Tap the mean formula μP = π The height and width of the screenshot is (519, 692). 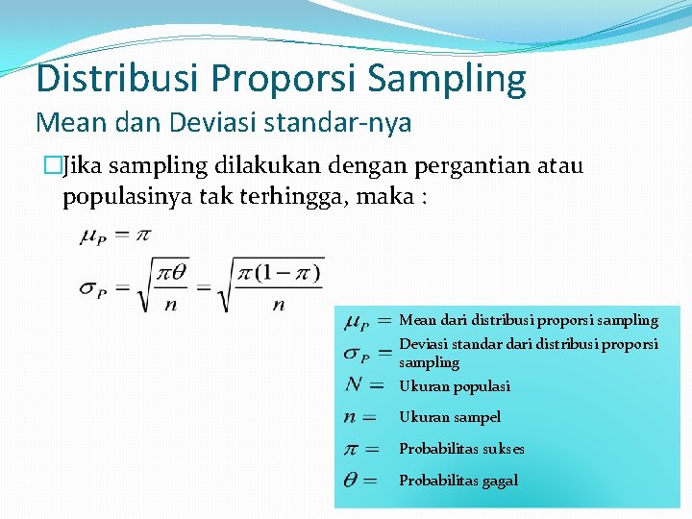(x=116, y=235)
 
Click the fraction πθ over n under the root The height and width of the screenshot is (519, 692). (x=173, y=285)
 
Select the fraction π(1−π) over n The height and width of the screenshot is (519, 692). (x=279, y=285)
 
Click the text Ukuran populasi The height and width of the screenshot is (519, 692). (x=455, y=386)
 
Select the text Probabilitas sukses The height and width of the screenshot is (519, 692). (x=461, y=449)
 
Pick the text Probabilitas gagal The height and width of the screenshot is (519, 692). (x=458, y=481)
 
